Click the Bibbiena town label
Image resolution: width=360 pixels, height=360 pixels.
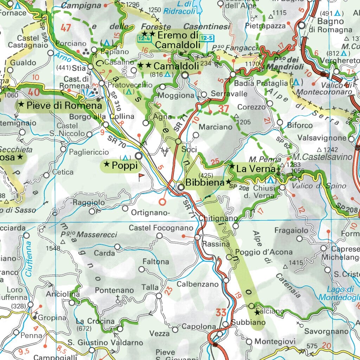(205, 182)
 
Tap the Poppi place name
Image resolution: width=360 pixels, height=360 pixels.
(124, 166)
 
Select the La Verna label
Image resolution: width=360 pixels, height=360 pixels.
(255, 169)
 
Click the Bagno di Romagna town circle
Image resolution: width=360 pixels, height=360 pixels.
(302, 25)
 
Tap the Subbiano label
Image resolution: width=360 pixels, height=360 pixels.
(244, 322)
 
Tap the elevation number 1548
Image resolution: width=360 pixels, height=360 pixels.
(53, 248)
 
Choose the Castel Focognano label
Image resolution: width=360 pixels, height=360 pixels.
(161, 228)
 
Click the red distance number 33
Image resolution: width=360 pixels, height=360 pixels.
(221, 312)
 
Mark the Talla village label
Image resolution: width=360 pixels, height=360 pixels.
(150, 287)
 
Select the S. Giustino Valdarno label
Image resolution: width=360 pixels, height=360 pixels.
(105, 342)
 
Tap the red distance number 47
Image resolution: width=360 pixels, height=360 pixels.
(66, 28)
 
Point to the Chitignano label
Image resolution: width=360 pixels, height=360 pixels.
(218, 218)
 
